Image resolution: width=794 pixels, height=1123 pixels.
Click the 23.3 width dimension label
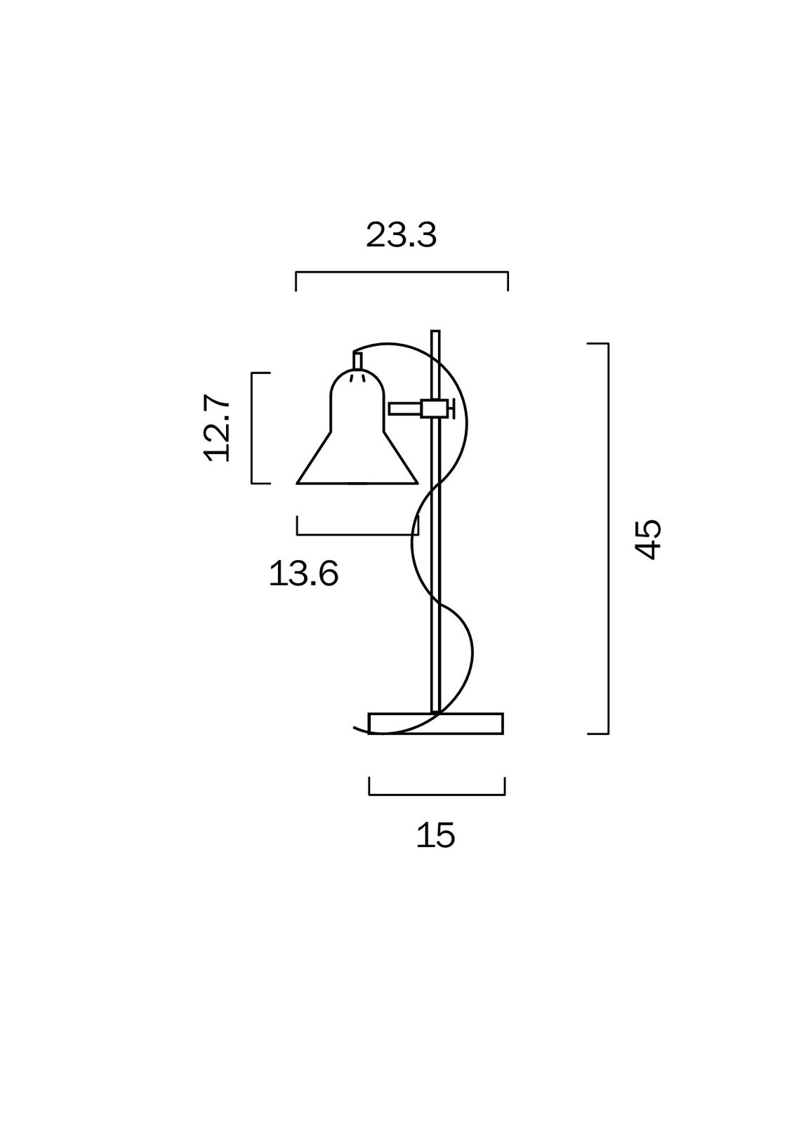coord(402,235)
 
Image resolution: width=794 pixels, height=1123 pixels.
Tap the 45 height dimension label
coord(649,540)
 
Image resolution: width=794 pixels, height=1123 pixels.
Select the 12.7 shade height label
coord(217,428)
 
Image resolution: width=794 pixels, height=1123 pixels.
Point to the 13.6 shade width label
coord(304,573)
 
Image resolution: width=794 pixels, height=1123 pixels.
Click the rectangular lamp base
coord(435,724)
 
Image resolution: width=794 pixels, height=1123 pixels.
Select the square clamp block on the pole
coord(435,408)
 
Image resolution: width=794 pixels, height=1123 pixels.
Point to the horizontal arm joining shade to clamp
coord(405,408)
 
